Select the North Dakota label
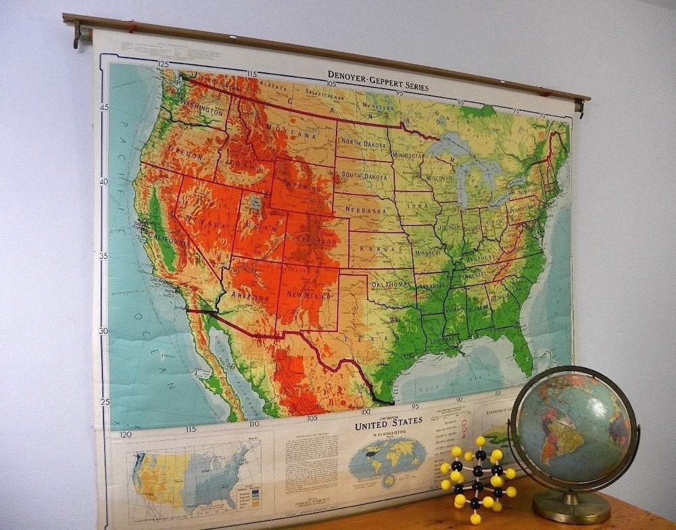tap(363, 143)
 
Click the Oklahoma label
tap(390, 284)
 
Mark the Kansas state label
tap(375, 249)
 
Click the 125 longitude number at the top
tap(163, 64)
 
